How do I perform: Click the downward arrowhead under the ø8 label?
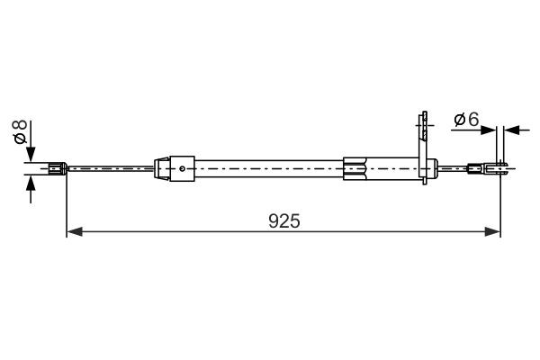[x=31, y=155]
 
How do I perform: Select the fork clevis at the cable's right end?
[x=500, y=166]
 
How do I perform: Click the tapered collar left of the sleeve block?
[x=162, y=166]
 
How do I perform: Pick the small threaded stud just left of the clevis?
[x=474, y=166]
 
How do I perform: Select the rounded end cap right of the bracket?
[x=435, y=166]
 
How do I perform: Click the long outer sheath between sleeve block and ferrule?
[x=270, y=166]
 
